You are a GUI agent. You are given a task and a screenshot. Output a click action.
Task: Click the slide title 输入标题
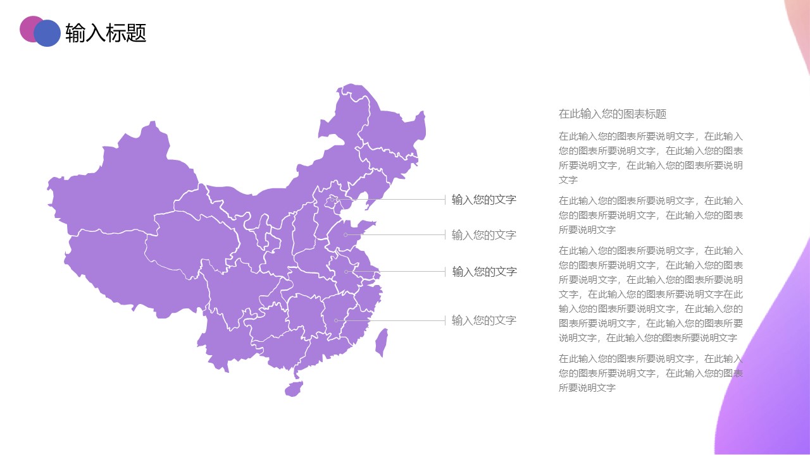pos(106,33)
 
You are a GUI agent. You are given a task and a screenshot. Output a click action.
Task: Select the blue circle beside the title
pos(47,33)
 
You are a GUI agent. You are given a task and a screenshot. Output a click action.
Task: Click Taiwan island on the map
pos(381,343)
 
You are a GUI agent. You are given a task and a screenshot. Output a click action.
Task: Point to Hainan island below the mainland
pos(293,389)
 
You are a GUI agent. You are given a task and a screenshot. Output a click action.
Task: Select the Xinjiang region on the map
pos(114,190)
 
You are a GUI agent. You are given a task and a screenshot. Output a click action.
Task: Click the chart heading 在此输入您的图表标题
pos(612,114)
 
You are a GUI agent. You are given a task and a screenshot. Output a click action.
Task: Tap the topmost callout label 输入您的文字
pos(483,200)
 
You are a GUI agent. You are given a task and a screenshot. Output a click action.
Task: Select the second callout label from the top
pos(483,235)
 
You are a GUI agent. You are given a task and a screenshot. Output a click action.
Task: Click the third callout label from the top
pos(484,272)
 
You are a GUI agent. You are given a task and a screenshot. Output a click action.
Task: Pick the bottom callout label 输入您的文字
pos(483,320)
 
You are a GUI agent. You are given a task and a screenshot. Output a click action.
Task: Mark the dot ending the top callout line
pos(333,200)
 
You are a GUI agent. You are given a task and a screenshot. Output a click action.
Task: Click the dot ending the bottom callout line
pos(336,320)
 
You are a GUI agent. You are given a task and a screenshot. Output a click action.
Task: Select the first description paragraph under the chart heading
pos(651,158)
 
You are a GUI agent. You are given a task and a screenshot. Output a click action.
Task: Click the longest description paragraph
pos(651,294)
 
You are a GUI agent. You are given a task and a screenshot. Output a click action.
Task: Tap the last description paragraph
pos(651,373)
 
